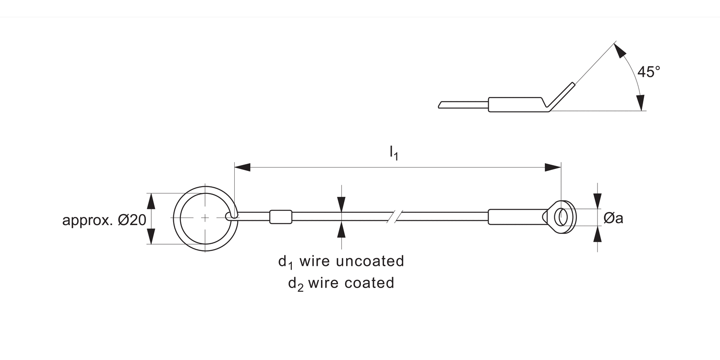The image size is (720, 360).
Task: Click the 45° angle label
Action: click(648, 72)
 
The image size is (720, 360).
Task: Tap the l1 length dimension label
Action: click(394, 153)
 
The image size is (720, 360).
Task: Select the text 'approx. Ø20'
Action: click(104, 220)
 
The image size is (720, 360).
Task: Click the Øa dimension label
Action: click(613, 218)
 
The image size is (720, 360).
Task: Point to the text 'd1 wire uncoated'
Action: click(341, 262)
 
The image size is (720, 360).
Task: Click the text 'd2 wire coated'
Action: click(341, 283)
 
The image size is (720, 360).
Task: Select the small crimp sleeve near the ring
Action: click(281, 216)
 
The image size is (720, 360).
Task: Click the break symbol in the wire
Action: click(395, 216)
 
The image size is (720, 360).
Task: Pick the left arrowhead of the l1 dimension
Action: click(242, 168)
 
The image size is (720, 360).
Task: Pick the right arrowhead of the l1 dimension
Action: click(553, 168)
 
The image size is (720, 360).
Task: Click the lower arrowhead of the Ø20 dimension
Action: click(151, 236)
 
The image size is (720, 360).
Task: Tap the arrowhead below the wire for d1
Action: click(341, 230)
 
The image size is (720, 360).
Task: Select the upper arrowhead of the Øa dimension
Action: click(598, 201)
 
